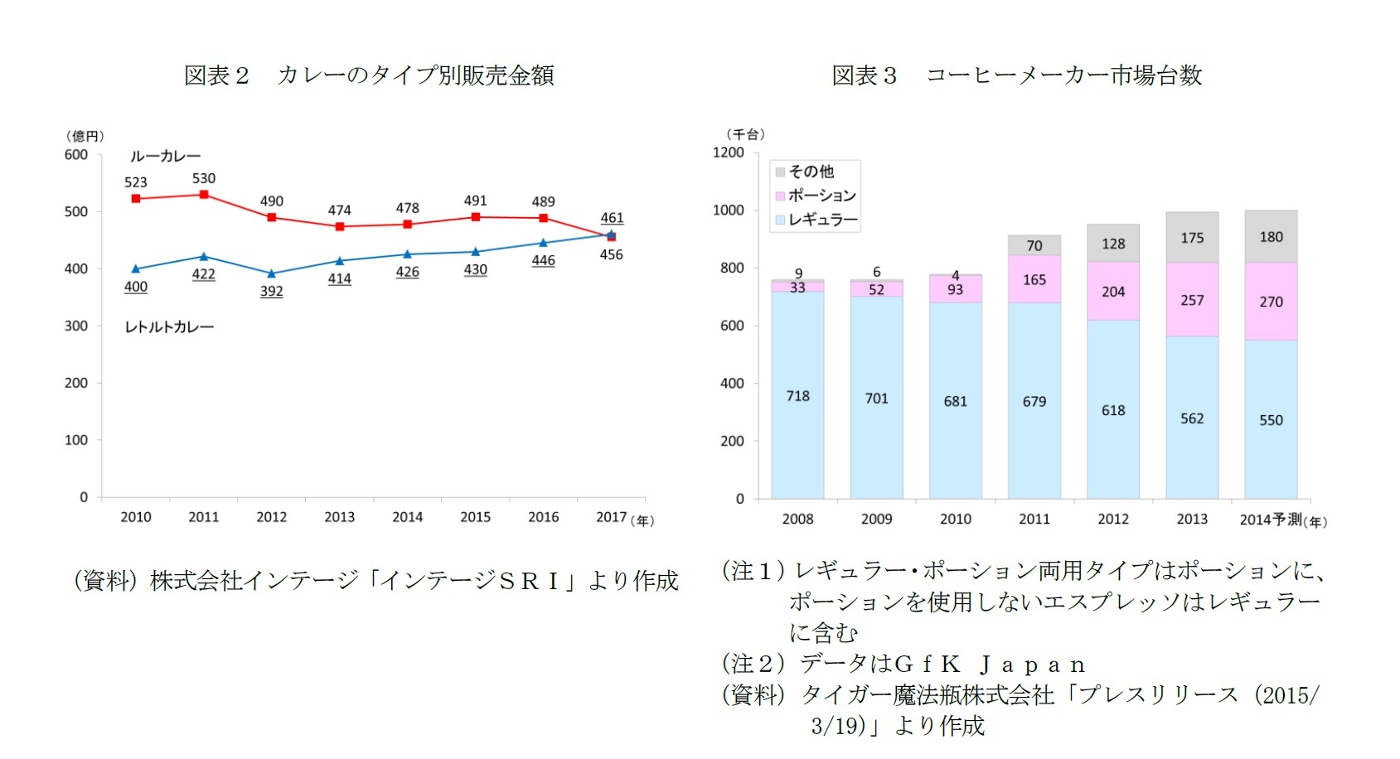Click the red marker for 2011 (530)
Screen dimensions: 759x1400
[204, 195]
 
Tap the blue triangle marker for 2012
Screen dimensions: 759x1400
[272, 273]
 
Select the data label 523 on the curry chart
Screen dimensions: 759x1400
[136, 182]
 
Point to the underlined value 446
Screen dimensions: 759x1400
[544, 260]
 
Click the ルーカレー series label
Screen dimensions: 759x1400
[165, 157]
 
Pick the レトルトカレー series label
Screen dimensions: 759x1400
[169, 327]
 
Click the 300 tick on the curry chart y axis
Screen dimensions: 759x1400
[76, 326]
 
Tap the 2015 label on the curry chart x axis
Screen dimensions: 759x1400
[476, 517]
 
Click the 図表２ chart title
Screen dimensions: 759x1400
[369, 75]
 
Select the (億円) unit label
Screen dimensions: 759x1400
[85, 136]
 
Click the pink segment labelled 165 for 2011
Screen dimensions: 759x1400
[1034, 279]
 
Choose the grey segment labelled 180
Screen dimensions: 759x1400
[1271, 237]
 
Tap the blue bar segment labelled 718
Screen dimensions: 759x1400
[797, 395]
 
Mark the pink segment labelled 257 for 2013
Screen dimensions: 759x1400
[1192, 300]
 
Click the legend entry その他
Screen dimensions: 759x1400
[811, 172]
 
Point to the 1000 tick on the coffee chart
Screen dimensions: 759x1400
[729, 210]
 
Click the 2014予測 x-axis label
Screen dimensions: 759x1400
[1272, 520]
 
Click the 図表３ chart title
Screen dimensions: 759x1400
[1016, 75]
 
